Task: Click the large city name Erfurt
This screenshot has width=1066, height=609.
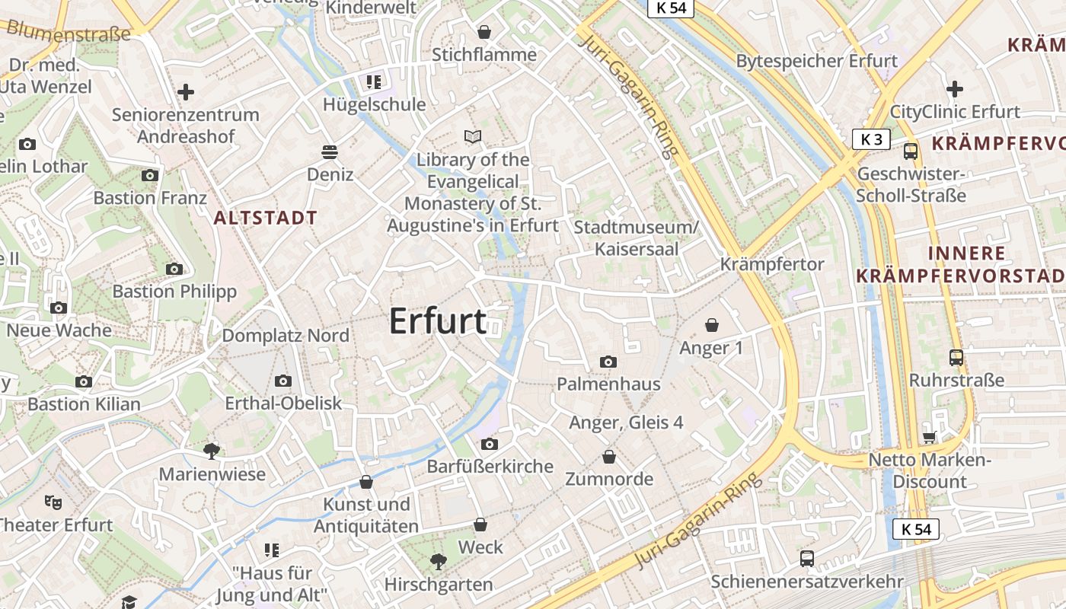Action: pos(438,321)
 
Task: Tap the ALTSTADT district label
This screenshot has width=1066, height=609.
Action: pos(265,218)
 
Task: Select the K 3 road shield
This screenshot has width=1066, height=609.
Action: pos(871,139)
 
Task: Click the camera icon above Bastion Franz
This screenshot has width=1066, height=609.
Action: pos(150,175)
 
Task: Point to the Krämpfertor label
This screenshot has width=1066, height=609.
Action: pos(772,264)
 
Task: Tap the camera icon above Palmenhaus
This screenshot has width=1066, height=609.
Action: pos(608,362)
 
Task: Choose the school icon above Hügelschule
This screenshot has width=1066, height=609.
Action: pos(373,81)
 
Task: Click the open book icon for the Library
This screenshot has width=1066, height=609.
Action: pos(473,137)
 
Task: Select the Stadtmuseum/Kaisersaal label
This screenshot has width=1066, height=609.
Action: pos(635,238)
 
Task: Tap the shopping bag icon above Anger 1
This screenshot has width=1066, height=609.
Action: pos(712,325)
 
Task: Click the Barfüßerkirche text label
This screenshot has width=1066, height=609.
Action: pos(490,466)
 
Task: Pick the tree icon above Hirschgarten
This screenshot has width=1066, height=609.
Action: pos(438,562)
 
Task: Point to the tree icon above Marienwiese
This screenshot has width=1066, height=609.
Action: pos(212,451)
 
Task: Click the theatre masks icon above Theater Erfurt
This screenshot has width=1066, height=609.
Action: pos(53,502)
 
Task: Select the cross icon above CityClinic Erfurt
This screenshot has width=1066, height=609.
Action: pos(954,89)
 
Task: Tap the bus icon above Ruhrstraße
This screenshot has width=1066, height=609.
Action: pos(956,357)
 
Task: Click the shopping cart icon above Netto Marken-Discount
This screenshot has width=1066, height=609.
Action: pos(929,437)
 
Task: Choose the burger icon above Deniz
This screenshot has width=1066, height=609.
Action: pos(330,151)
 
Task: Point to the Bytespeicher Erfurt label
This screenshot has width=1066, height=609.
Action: pos(817,61)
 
